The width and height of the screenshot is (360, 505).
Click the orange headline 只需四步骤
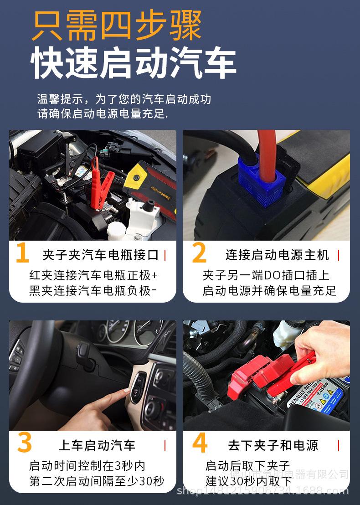[x=117, y=26]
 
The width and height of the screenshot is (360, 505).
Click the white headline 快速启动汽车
[x=134, y=63]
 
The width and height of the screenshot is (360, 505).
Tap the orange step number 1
[x=22, y=254]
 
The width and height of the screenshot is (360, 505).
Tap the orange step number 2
[x=199, y=254]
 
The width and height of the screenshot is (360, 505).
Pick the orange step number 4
[x=200, y=443]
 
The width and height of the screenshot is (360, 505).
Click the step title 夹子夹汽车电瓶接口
[x=100, y=255]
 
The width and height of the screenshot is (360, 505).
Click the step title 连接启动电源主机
[x=277, y=255]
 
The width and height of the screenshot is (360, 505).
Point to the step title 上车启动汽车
[x=97, y=445]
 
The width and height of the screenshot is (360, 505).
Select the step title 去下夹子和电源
[x=273, y=445]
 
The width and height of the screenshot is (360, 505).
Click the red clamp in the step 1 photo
[x=101, y=182]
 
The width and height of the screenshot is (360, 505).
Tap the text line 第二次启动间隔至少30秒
[x=97, y=481]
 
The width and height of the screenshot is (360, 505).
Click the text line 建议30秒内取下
[x=248, y=481]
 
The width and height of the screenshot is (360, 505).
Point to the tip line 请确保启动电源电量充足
[x=103, y=114]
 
